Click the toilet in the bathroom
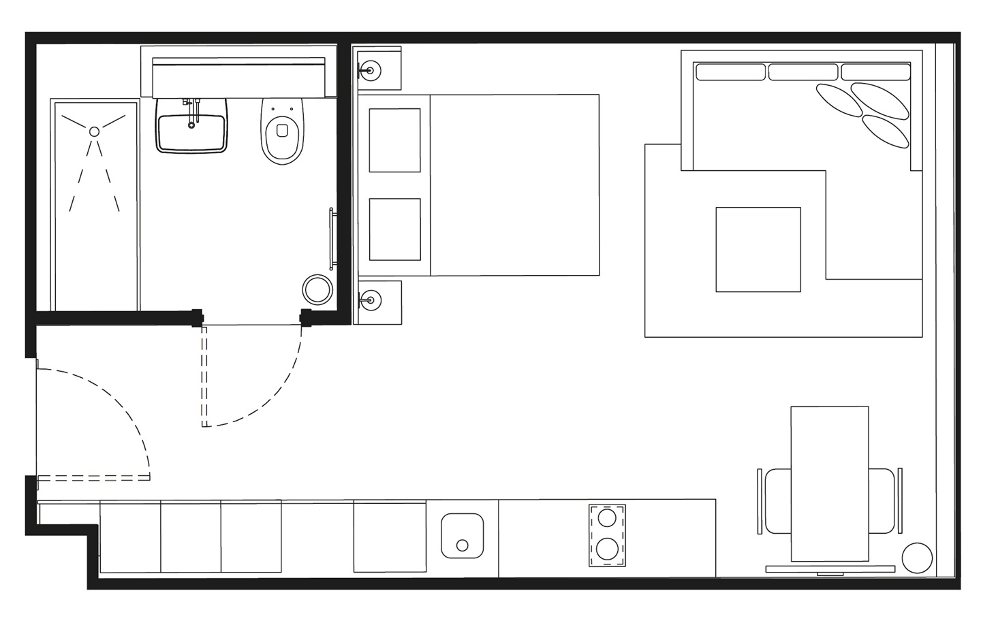tap(283, 133)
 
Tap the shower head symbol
tap(95, 131)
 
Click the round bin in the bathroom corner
tap(317, 289)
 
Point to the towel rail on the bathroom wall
tap(332, 240)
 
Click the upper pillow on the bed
tap(394, 140)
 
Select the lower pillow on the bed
tap(394, 229)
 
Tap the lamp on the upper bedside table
tap(370, 69)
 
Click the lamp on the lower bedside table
tap(370, 298)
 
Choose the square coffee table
tap(758, 249)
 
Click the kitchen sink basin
tap(462, 535)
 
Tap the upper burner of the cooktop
tap(606, 518)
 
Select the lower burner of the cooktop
tap(606, 548)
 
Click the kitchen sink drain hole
tap(463, 545)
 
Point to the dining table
tap(829, 483)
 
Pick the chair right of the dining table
tap(883, 500)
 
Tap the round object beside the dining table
tap(916, 558)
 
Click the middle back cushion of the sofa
tap(803, 71)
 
